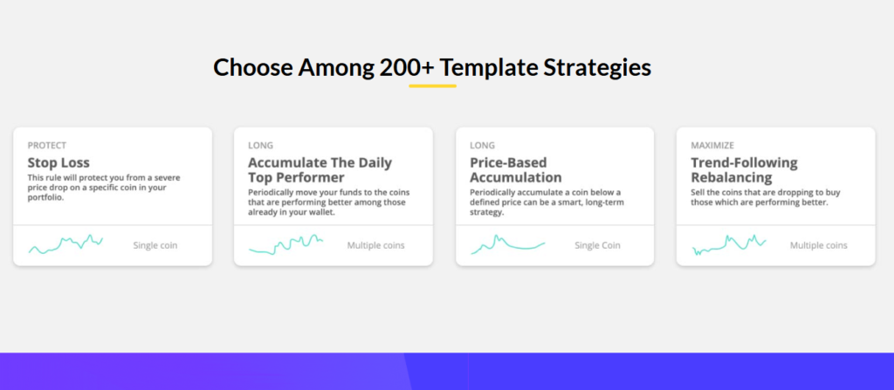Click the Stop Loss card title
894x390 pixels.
58,162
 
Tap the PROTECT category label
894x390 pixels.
47,146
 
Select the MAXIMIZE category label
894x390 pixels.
712,146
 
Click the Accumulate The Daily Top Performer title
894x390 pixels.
320,169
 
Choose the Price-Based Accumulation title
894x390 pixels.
515,169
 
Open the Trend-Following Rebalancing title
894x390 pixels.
744,169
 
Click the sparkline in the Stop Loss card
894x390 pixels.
65,244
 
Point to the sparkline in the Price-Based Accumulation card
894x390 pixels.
507,244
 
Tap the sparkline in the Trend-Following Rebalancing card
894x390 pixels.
729,244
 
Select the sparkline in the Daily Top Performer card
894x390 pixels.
285,244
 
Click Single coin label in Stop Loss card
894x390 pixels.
155,246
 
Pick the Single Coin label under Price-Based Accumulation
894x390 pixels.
597,246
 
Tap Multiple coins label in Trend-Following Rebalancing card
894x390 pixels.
819,246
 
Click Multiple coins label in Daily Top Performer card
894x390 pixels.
375,246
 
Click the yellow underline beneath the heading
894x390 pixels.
432,86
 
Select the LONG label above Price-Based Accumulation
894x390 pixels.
482,146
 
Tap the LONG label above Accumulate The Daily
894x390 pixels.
260,146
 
